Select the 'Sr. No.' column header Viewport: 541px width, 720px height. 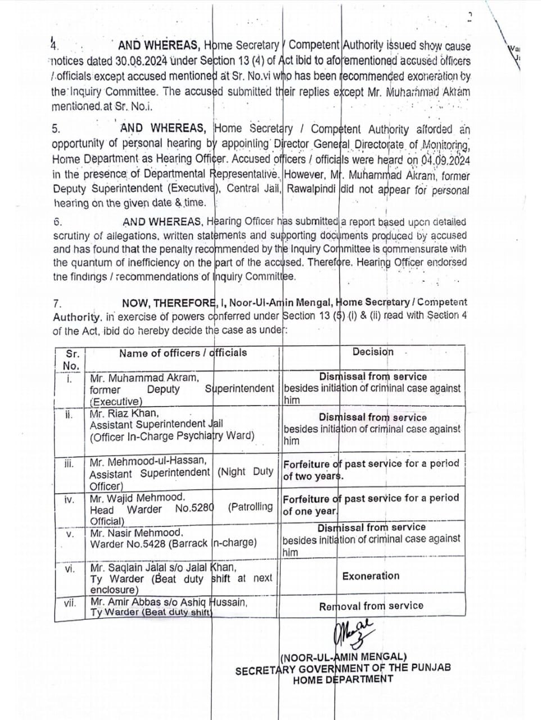pyautogui.click(x=71, y=359)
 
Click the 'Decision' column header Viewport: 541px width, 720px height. pyautogui.click(x=373, y=352)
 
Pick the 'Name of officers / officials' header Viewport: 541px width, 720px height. pyautogui.click(x=183, y=353)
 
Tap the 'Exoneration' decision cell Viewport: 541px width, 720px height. pyautogui.click(x=371, y=576)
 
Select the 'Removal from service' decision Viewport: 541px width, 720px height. pyautogui.click(x=371, y=606)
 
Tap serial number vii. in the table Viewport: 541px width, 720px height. pyautogui.click(x=70, y=603)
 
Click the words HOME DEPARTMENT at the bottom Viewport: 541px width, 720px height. pyautogui.click(x=342, y=679)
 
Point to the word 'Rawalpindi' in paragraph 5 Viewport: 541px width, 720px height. pyautogui.click(x=312, y=190)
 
